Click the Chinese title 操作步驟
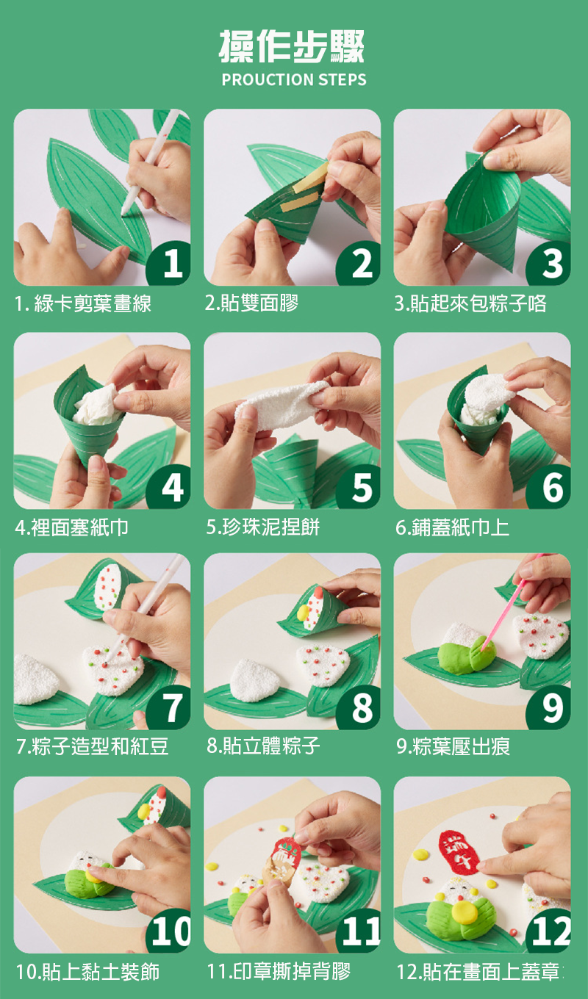point(292,46)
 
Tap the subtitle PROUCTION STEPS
point(294,80)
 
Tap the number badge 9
point(550,708)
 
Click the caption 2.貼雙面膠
point(251,303)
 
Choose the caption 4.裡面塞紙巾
point(71,527)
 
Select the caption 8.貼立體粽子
point(263,746)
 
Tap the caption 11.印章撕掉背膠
point(279,972)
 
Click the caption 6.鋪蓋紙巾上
point(452,527)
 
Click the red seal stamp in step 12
point(459,851)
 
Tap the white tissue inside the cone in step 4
point(97,405)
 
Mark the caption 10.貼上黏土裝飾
point(87,972)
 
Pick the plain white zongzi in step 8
point(254,680)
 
